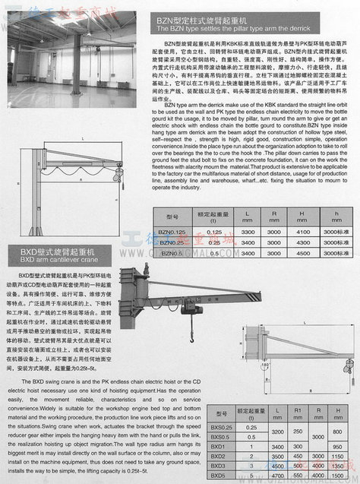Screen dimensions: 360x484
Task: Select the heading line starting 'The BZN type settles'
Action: click(202, 29)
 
